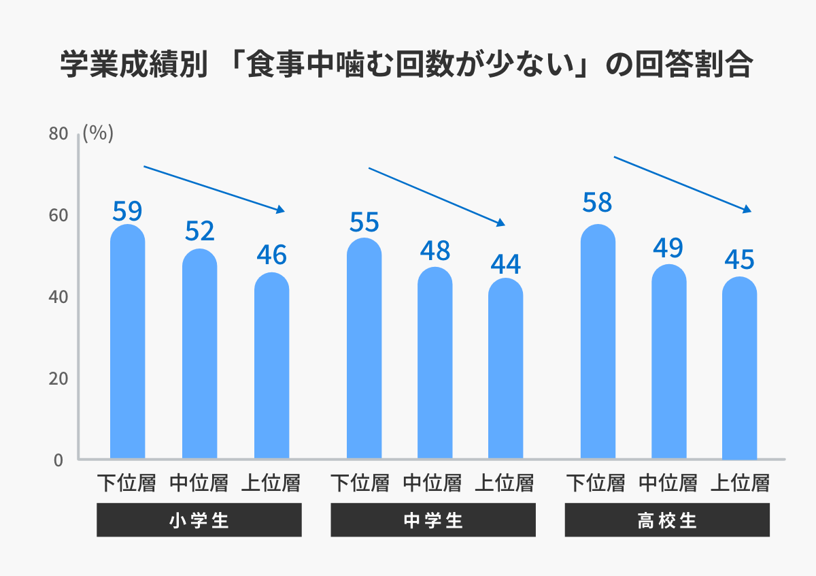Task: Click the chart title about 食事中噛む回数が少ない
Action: point(406,66)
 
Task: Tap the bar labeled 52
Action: point(200,354)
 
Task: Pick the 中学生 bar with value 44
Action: point(505,368)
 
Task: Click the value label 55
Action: point(364,222)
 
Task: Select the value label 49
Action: point(668,248)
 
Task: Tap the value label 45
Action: point(740,260)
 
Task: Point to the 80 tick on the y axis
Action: point(58,134)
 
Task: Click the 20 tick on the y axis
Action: point(58,379)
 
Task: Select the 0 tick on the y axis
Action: point(58,461)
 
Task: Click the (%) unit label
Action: point(98,133)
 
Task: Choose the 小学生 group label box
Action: point(199,521)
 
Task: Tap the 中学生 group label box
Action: point(433,521)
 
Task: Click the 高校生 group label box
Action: point(667,521)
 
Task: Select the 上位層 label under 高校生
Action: point(740,483)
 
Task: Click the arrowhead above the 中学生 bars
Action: point(501,223)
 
